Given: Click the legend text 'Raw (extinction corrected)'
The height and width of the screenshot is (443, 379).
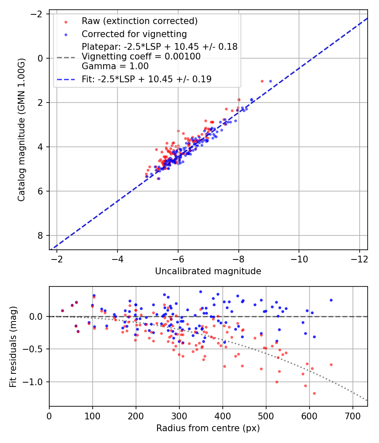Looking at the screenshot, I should point(139,21).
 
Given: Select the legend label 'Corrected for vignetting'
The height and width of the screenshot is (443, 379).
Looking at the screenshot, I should point(134,34).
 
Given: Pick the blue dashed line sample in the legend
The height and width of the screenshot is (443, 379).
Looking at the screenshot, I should point(65,79).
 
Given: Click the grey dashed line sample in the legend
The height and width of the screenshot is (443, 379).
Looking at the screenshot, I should point(65,57).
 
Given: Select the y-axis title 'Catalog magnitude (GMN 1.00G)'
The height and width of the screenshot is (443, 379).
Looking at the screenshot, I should point(21,130).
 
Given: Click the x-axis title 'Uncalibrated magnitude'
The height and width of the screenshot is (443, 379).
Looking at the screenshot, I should point(208,271).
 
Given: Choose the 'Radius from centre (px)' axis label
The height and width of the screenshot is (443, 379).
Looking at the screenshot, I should point(208,428).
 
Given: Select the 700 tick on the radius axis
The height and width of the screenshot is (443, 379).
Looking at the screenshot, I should point(352,415).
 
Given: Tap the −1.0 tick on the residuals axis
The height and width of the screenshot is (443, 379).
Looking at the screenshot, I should point(36,382).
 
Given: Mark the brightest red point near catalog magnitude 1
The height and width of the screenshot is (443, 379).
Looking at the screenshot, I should point(262,81).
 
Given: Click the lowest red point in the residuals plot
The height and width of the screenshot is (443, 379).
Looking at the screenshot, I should point(314,393).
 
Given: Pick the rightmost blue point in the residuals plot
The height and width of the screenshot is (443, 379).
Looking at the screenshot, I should point(331,300).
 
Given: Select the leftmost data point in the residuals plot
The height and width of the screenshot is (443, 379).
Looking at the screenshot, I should point(62,311).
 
